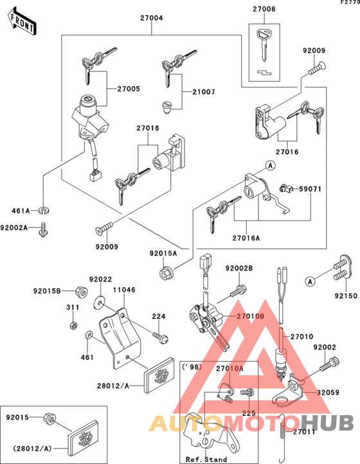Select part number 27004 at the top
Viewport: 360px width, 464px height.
coord(152,19)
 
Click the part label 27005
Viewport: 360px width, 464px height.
coord(127,89)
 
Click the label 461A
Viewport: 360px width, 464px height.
coord(20,210)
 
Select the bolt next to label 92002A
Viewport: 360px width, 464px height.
coord(44,228)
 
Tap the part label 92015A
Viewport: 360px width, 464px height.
coord(163,254)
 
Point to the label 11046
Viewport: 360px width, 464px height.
coord(124,290)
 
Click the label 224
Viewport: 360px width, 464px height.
coord(157,316)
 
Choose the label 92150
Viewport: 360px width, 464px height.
coord(343,297)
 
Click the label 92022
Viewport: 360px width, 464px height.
coord(101,280)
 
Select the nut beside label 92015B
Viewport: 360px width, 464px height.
coord(73,290)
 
